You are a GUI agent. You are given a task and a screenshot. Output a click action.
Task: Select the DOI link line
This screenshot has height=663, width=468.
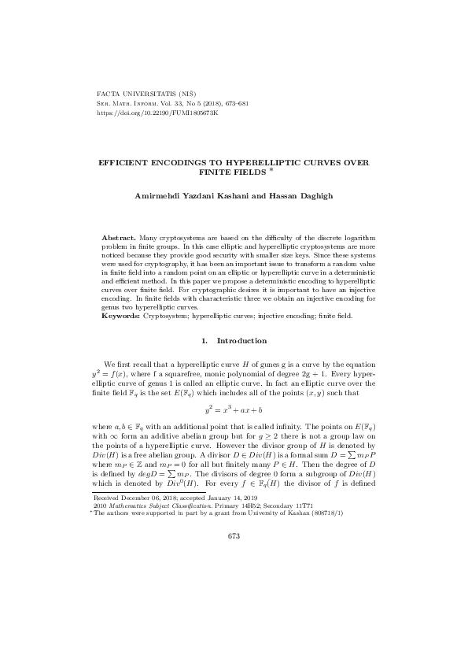[157, 113]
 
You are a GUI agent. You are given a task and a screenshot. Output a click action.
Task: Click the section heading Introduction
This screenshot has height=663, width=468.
[241, 340]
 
